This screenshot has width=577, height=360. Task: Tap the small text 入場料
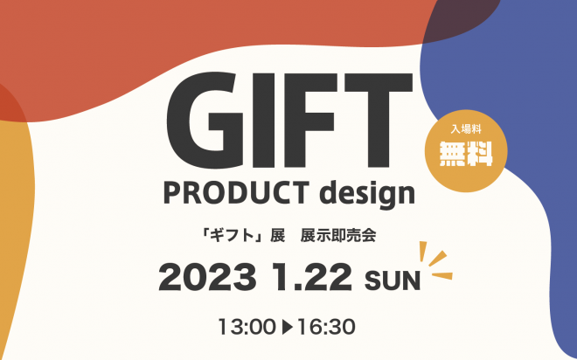tap(467, 129)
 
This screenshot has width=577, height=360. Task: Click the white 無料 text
tap(466, 154)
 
